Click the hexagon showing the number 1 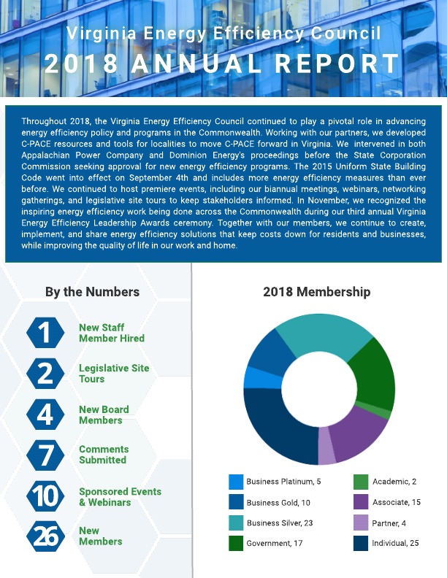coord(45,333)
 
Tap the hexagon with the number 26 coord(45,536)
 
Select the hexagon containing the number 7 coord(45,455)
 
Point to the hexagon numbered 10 coord(45,496)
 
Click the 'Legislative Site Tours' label coord(114,374)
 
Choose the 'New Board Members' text coord(104,415)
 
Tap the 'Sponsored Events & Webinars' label coord(120,497)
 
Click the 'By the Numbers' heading coord(92,292)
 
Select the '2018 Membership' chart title coord(317,292)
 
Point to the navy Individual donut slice coord(278,431)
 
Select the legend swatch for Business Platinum coord(236,482)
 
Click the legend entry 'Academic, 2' coord(394,482)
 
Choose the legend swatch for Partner coord(361,523)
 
